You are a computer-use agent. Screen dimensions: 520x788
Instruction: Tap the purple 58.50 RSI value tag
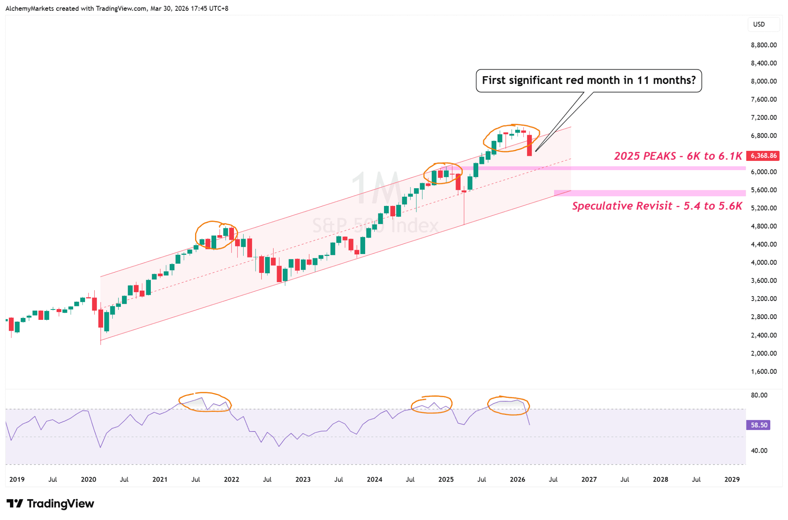pyautogui.click(x=758, y=425)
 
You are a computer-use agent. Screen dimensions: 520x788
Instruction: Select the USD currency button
pyautogui.click(x=759, y=24)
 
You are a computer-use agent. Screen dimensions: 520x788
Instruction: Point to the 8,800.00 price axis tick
pyautogui.click(x=763, y=45)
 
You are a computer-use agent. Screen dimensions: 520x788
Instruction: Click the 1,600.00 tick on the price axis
pyautogui.click(x=763, y=371)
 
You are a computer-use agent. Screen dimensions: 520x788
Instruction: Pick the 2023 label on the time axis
pyautogui.click(x=303, y=479)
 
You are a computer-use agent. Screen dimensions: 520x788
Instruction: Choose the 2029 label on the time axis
pyautogui.click(x=732, y=479)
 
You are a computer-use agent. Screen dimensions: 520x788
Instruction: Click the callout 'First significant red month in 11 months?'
pyautogui.click(x=588, y=80)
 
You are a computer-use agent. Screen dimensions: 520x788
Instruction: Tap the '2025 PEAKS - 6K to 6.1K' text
pyautogui.click(x=678, y=156)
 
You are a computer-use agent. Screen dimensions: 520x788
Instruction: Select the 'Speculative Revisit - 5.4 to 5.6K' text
pyautogui.click(x=657, y=206)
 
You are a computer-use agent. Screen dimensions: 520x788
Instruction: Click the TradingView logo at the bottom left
pyautogui.click(x=50, y=503)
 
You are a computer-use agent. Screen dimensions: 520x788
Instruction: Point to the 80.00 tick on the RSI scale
pyautogui.click(x=759, y=395)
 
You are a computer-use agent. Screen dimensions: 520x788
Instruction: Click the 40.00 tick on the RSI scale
pyautogui.click(x=759, y=450)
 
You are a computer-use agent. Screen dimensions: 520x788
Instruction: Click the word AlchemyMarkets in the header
pyautogui.click(x=30, y=8)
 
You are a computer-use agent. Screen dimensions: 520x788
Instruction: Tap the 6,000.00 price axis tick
pyautogui.click(x=763, y=172)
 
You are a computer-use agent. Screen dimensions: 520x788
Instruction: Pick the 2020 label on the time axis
pyautogui.click(x=88, y=479)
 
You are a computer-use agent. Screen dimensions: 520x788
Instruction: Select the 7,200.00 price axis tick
pyautogui.click(x=763, y=117)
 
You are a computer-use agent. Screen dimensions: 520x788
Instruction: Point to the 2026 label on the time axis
pyautogui.click(x=518, y=479)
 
